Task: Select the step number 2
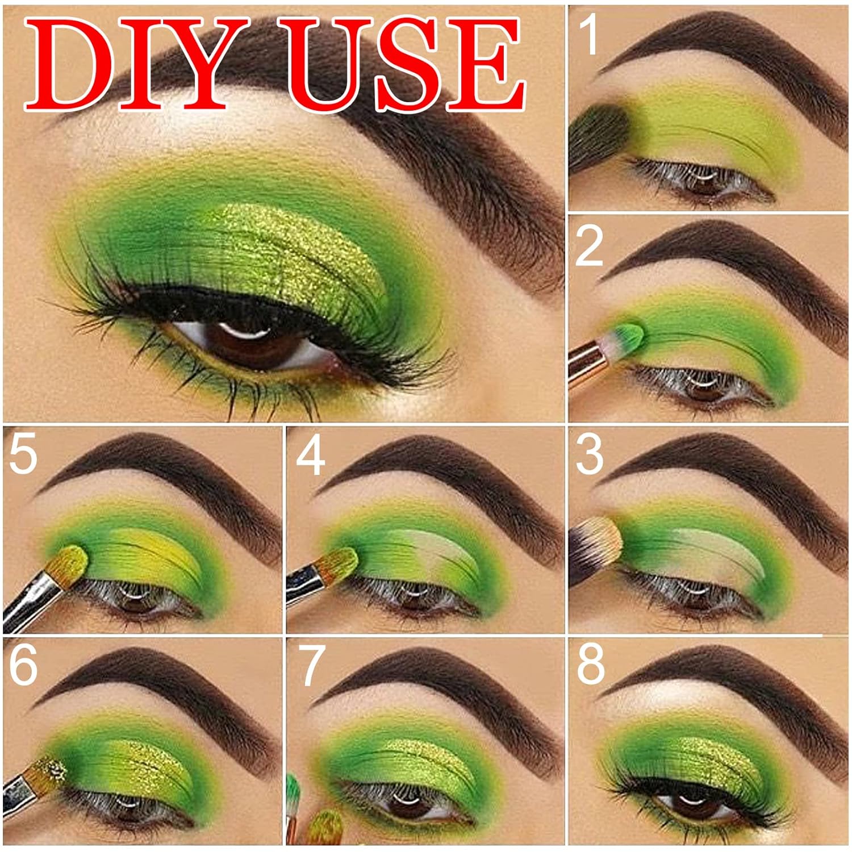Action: coord(589,246)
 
